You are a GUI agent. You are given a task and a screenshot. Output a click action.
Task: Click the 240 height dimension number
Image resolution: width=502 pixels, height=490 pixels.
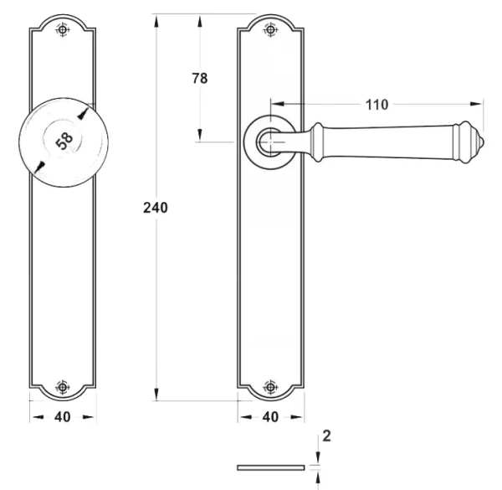(156, 208)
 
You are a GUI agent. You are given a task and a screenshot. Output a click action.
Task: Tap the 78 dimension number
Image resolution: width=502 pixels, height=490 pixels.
(200, 78)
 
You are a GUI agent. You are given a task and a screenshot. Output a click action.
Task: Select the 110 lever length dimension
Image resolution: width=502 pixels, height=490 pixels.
(376, 105)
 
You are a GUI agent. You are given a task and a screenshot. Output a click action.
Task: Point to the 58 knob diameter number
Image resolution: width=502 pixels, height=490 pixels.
(64, 141)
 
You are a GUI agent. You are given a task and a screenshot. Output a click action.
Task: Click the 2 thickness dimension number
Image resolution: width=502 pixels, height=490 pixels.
(326, 436)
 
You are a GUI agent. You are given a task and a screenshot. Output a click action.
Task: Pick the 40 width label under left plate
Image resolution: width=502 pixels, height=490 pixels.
(63, 416)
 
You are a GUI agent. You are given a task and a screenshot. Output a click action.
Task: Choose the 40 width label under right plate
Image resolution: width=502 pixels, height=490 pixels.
(270, 416)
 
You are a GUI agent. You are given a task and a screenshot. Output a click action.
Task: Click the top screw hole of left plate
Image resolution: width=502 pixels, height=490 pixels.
(63, 30)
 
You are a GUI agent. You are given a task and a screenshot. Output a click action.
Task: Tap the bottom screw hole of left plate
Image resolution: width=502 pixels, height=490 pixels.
(63, 387)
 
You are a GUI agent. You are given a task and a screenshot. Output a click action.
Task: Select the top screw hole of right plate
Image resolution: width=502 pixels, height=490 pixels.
(271, 30)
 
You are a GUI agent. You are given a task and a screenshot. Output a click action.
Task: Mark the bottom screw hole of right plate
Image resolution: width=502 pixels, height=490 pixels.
(271, 387)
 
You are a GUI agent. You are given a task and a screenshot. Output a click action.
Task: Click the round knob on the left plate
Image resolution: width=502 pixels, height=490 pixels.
(64, 142)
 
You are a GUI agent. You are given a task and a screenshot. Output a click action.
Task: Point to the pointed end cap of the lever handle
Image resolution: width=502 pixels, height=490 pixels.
(479, 142)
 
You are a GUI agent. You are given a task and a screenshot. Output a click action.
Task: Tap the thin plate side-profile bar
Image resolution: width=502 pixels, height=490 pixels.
(271, 467)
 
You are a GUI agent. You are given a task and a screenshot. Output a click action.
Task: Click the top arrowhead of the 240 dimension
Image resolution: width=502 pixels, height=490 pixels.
(156, 21)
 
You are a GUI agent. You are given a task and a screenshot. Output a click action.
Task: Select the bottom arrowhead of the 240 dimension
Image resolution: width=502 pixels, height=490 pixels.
(156, 394)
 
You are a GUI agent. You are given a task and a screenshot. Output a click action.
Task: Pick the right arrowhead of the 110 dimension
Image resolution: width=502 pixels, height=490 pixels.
(476, 104)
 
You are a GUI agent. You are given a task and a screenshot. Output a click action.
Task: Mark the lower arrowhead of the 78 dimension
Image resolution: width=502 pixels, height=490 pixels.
(199, 135)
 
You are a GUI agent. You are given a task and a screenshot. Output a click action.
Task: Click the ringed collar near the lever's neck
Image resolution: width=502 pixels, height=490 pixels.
(316, 142)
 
